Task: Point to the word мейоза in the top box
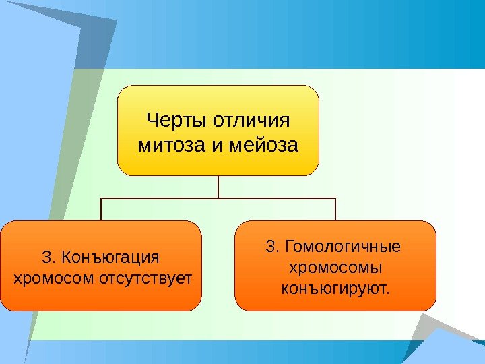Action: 264,144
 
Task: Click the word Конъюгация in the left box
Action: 110,257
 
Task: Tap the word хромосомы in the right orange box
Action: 335,268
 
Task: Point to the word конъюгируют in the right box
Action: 333,289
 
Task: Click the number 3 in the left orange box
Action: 46,257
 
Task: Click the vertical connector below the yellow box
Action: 218,187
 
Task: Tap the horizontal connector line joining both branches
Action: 218,198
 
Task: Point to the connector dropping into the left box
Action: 101,210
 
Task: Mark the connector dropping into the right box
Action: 335,210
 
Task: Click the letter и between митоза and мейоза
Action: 215,144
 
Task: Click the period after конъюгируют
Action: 387,293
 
